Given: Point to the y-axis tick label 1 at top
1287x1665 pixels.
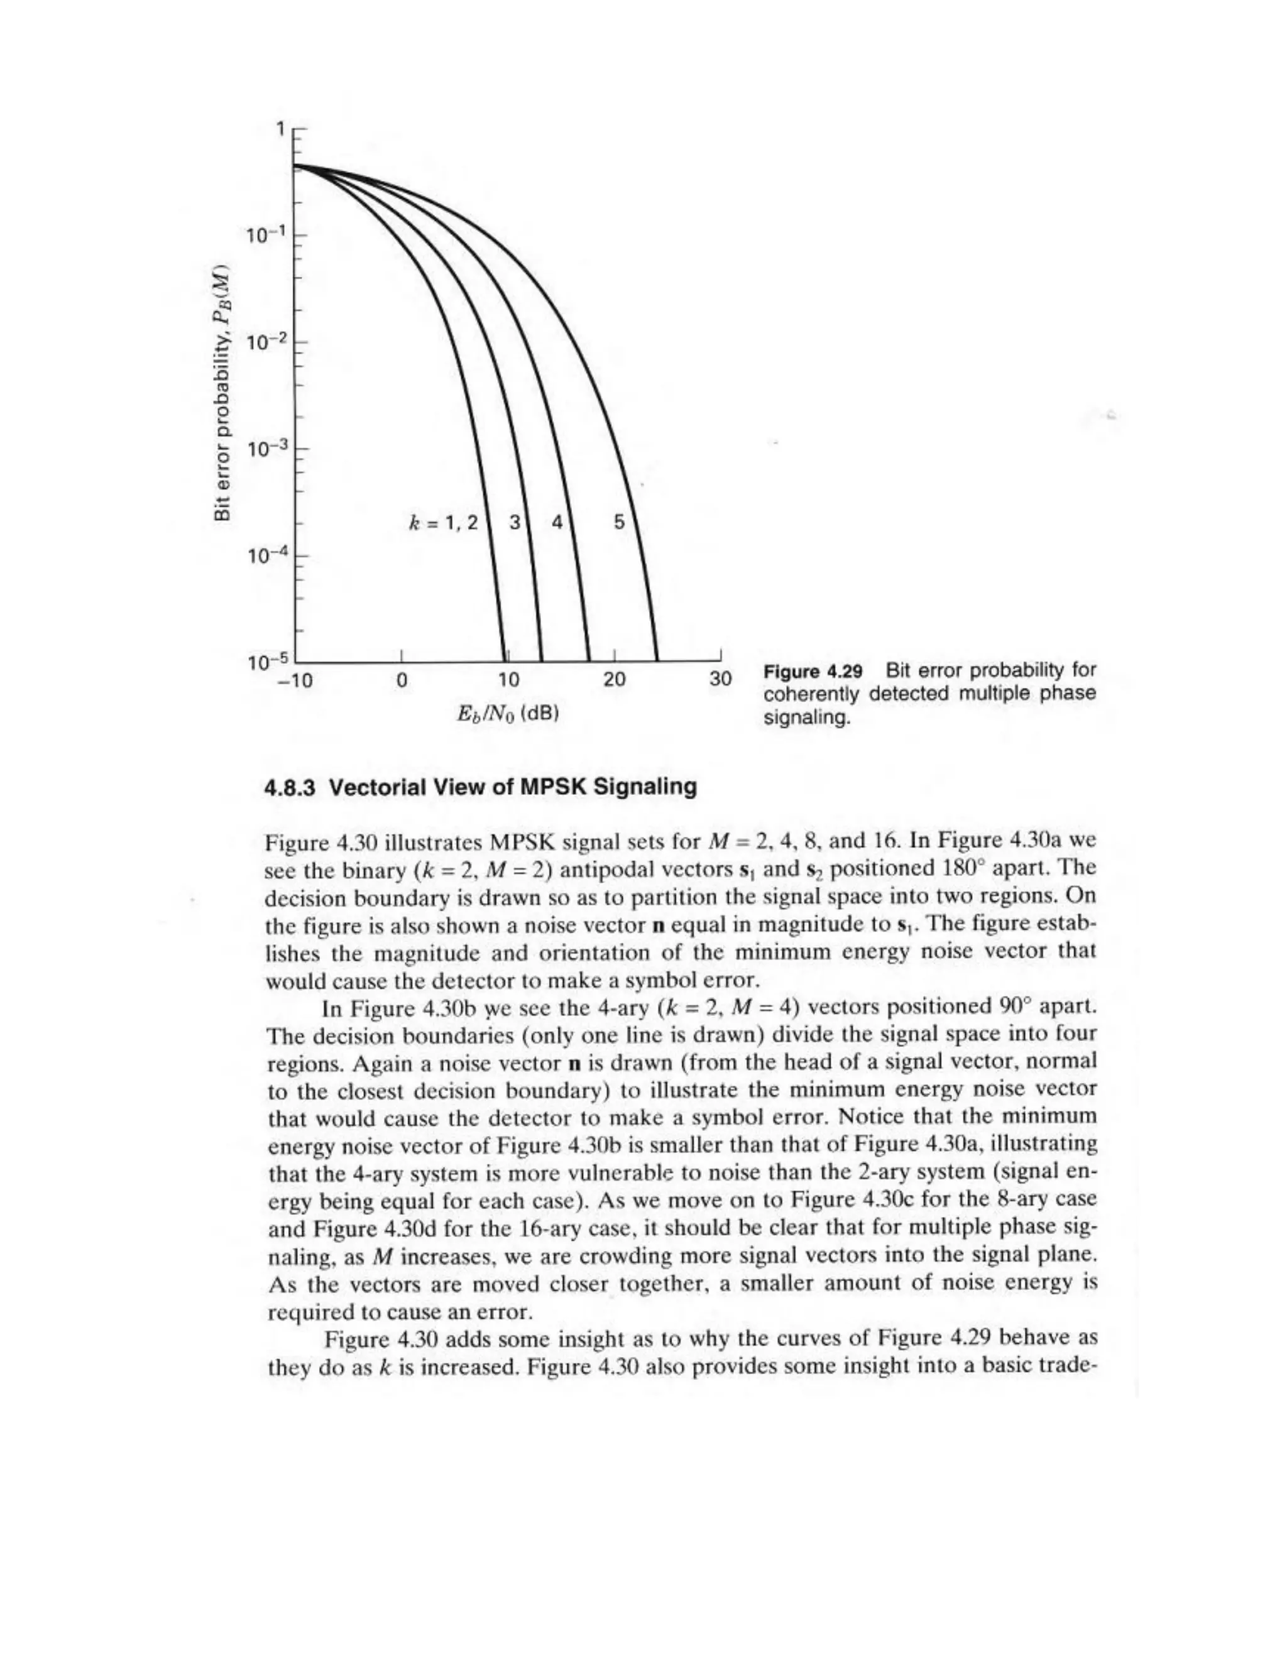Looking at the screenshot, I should [x=282, y=129].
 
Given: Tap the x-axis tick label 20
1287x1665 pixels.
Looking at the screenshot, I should [x=615, y=679].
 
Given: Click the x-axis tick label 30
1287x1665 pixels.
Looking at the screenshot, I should [x=720, y=679].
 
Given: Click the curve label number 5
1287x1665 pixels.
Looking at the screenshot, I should [x=619, y=522].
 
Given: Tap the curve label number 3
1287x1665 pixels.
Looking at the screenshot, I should [x=515, y=522].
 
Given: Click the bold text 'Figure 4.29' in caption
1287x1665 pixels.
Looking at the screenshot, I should [x=813, y=671].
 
